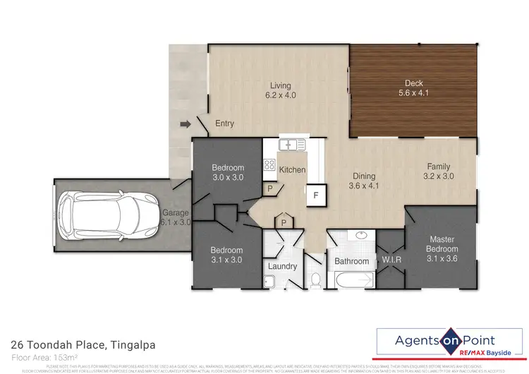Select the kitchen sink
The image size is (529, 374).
(292, 145)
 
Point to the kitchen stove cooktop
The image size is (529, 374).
(269, 165)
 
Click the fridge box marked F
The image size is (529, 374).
(316, 194)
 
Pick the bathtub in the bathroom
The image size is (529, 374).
(351, 282)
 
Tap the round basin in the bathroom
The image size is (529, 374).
(361, 236)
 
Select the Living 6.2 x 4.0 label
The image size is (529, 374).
(280, 91)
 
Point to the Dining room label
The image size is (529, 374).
(365, 181)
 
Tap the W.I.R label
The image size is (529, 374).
(391, 261)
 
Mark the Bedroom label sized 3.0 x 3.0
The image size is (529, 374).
(228, 173)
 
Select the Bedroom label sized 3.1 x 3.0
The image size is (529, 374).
(226, 255)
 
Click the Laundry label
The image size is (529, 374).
(283, 266)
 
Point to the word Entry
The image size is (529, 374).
(224, 124)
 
